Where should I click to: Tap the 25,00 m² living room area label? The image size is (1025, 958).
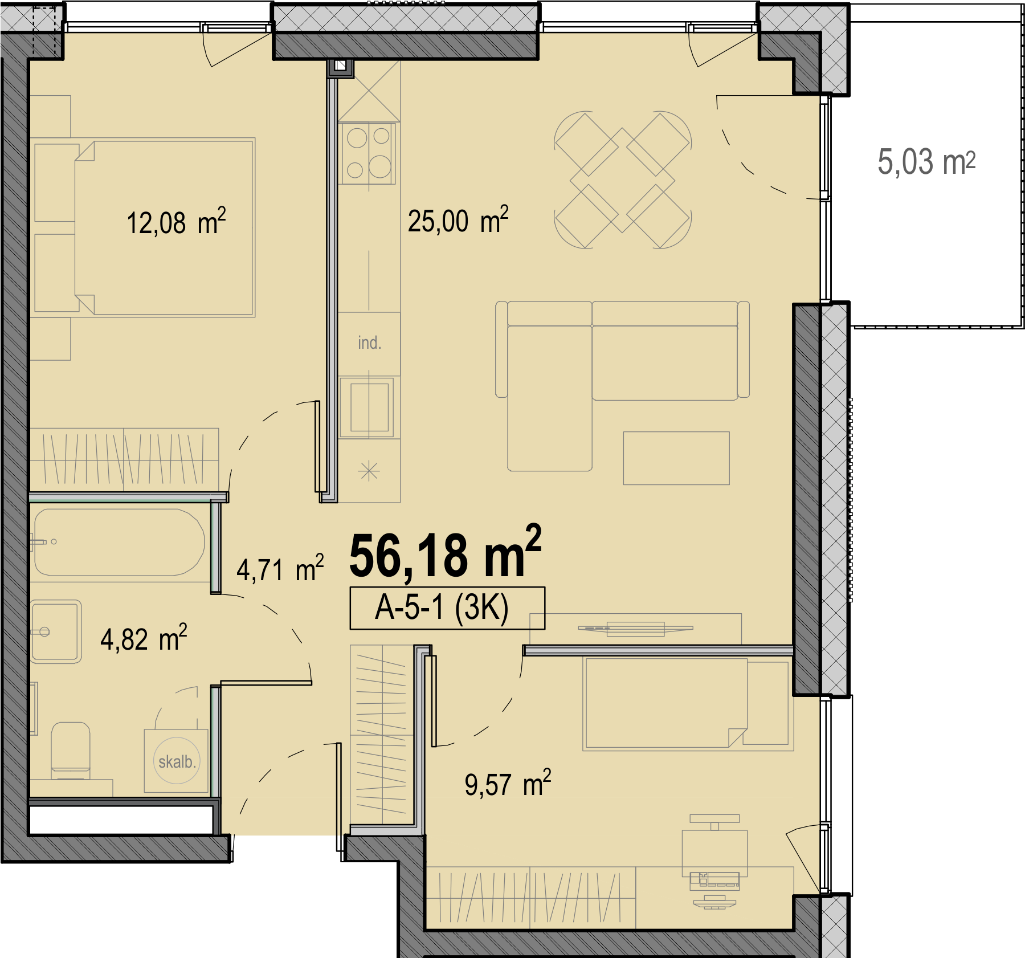(x=458, y=220)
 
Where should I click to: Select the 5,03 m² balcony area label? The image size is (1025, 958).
(x=926, y=162)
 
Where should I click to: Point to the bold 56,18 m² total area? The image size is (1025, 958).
(x=445, y=553)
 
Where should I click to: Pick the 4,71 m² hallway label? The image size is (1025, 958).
(x=280, y=569)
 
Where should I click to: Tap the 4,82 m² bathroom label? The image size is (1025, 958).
(x=144, y=638)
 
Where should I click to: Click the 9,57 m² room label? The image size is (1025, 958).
(x=508, y=784)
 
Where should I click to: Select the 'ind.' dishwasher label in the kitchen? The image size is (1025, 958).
(x=369, y=343)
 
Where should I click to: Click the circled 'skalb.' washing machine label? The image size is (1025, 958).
(x=177, y=761)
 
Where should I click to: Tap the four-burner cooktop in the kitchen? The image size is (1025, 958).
(x=368, y=153)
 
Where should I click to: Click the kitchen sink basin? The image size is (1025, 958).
(x=369, y=407)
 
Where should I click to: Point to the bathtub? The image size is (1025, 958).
(x=119, y=542)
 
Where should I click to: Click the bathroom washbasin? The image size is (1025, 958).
(x=56, y=631)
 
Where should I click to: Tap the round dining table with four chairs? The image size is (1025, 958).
(x=623, y=180)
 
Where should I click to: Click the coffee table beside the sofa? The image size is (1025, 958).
(x=676, y=458)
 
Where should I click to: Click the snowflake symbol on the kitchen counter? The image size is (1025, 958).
(x=369, y=471)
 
